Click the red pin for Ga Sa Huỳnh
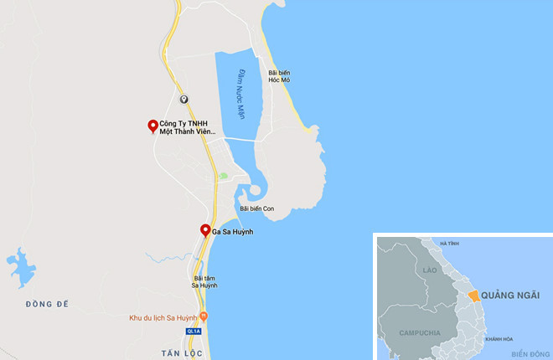205,231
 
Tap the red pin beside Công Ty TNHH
152,126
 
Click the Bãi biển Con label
256,208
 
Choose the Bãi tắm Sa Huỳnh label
205,281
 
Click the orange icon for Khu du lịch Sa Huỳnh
204,317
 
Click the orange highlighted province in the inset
473,296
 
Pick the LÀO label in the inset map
431,270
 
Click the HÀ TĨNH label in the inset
448,244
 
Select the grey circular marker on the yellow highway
183,99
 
